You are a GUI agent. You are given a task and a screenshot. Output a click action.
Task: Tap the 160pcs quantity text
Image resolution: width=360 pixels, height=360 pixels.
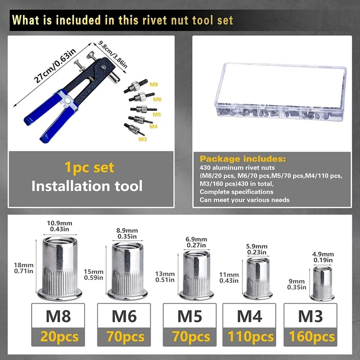coord(310,336)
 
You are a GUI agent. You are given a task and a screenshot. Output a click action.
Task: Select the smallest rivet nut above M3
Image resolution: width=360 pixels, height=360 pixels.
coord(322,283)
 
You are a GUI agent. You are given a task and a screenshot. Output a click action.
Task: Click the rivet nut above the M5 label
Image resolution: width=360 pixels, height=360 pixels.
coord(197,275)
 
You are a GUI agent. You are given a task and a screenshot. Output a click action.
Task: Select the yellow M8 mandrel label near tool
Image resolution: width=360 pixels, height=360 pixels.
coord(154,85)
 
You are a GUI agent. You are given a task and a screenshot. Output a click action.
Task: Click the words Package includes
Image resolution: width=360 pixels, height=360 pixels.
coord(242,159)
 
